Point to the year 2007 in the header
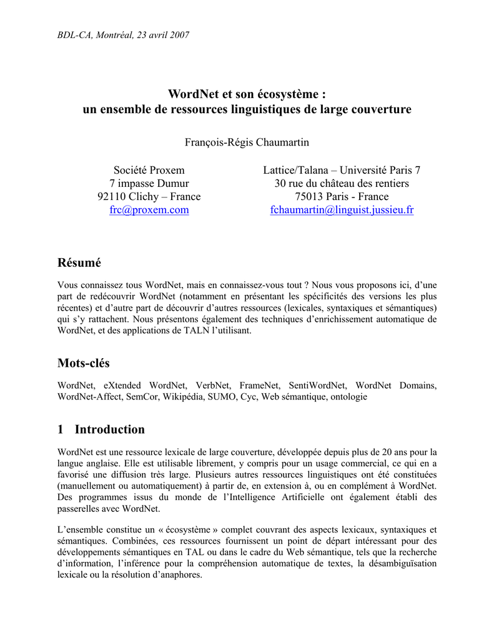click(x=178, y=35)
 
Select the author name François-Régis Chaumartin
click(x=247, y=142)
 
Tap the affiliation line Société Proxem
click(x=149, y=170)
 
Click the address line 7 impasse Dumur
click(x=149, y=183)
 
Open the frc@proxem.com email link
click(x=149, y=210)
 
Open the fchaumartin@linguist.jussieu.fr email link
click(x=342, y=210)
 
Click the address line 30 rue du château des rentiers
click(x=342, y=183)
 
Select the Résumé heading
click(x=79, y=262)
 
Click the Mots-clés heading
click(x=84, y=363)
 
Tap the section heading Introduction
click(x=109, y=429)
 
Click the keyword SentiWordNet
click(x=321, y=386)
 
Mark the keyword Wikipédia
click(x=183, y=397)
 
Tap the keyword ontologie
click(x=347, y=397)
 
